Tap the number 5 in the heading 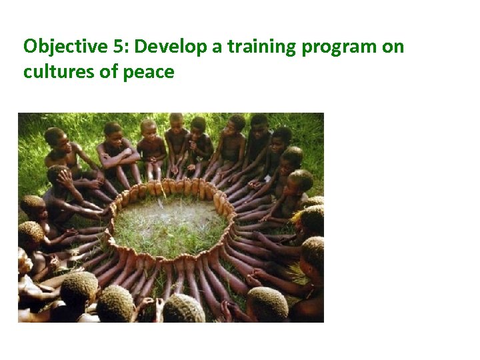point(122,47)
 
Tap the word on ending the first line point(393,48)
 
